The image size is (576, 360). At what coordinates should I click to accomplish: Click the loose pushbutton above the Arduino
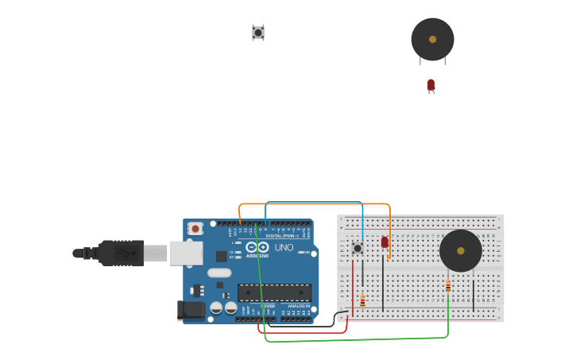[258, 33]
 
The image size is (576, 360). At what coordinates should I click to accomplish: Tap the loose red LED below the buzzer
[431, 84]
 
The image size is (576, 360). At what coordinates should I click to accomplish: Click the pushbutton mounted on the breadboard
[358, 249]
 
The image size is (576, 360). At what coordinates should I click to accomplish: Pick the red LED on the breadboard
[385, 242]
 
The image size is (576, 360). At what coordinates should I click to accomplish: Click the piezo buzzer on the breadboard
[461, 251]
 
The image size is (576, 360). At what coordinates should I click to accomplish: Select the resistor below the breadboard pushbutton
[363, 300]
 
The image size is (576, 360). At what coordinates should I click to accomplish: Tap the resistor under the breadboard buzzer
[448, 286]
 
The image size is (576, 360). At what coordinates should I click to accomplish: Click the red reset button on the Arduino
[195, 228]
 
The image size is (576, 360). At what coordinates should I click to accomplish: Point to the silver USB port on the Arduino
[185, 253]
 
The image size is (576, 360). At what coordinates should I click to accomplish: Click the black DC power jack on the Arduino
[191, 309]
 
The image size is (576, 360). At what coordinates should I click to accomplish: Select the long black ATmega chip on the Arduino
[274, 292]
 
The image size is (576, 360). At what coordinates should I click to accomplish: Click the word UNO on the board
[284, 247]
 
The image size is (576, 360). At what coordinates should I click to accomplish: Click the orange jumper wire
[318, 204]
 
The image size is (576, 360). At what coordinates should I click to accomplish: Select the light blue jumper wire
[318, 202]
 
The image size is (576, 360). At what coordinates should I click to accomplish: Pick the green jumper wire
[358, 340]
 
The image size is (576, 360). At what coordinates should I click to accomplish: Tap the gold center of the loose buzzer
[432, 39]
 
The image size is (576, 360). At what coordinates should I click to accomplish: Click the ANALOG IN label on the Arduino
[299, 306]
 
